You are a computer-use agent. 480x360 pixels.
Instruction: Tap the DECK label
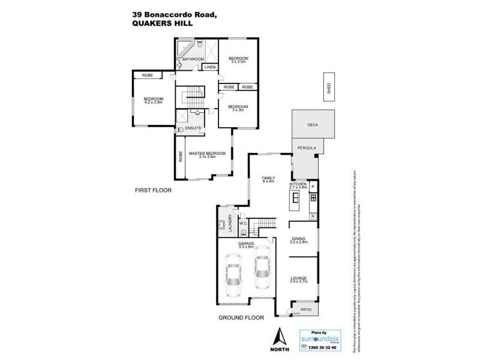(312, 125)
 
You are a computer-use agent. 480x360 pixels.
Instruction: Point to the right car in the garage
(262, 273)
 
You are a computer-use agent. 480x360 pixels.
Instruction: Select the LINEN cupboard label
(209, 67)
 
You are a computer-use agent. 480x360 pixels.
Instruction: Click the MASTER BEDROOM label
(207, 154)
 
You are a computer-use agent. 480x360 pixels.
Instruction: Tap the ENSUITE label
(193, 129)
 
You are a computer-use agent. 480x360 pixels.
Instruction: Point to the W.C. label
(243, 224)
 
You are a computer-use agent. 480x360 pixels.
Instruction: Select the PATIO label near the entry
(305, 310)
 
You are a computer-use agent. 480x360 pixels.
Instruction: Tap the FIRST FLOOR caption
(154, 190)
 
